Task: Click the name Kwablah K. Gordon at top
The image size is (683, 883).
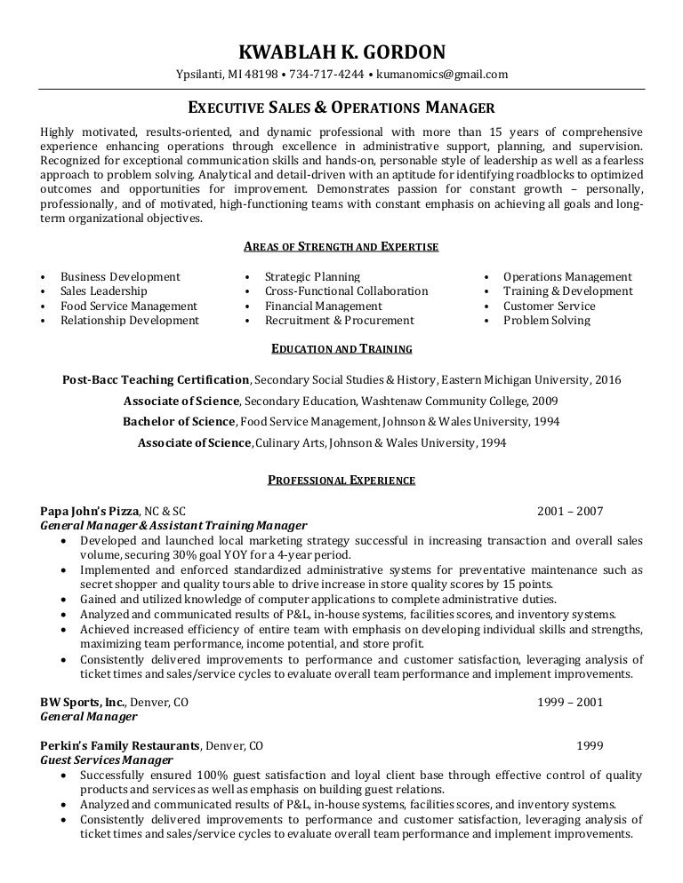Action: tap(341, 52)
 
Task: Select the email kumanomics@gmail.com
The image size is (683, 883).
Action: tap(442, 75)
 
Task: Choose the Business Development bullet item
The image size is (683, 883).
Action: tap(120, 277)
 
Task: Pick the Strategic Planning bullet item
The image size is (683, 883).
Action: tap(312, 277)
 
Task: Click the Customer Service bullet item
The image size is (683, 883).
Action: tap(549, 306)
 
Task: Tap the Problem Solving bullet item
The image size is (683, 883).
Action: tap(546, 321)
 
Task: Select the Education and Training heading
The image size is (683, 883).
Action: tap(341, 350)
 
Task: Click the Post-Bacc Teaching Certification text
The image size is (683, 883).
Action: tap(156, 379)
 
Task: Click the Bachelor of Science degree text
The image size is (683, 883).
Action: tap(179, 421)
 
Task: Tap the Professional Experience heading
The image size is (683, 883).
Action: tap(341, 481)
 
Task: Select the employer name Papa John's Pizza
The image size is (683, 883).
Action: tap(90, 511)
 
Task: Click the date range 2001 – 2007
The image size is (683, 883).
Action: tap(570, 511)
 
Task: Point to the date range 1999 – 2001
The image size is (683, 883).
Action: tap(570, 701)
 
